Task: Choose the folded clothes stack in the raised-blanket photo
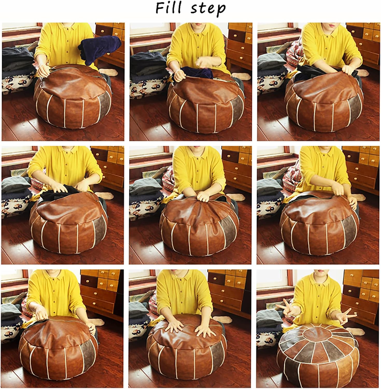point(17,61)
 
